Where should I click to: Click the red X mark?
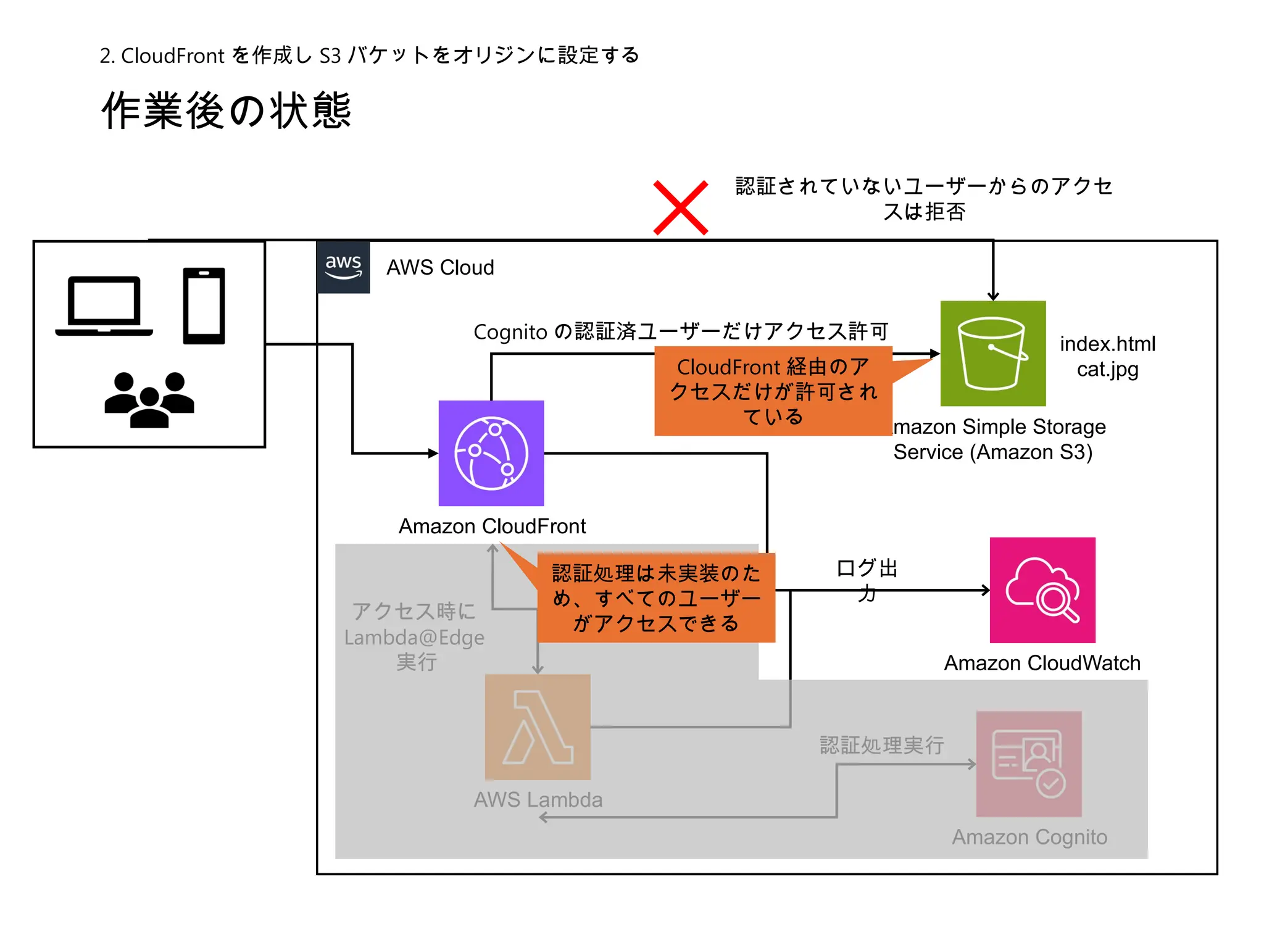pos(680,208)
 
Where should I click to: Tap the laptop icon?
pos(104,306)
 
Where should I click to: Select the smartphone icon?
pos(204,306)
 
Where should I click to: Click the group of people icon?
pos(149,400)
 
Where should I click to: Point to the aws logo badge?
pos(343,267)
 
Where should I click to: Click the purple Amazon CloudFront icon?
pos(491,453)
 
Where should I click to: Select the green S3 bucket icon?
pos(992,353)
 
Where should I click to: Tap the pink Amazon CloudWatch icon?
pos(1042,590)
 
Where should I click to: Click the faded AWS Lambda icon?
pos(538,727)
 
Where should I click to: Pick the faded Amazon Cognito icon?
pos(1029,764)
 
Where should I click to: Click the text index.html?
pos(1107,344)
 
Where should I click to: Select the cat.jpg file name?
pos(1107,369)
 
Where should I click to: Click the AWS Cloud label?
pos(440,267)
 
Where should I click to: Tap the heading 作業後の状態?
pos(227,110)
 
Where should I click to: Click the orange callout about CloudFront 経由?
pos(773,391)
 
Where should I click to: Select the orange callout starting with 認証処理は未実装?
pos(655,597)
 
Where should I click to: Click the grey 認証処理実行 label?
pos(881,746)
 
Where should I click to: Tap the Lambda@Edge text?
pos(414,637)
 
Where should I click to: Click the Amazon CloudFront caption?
pos(492,526)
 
